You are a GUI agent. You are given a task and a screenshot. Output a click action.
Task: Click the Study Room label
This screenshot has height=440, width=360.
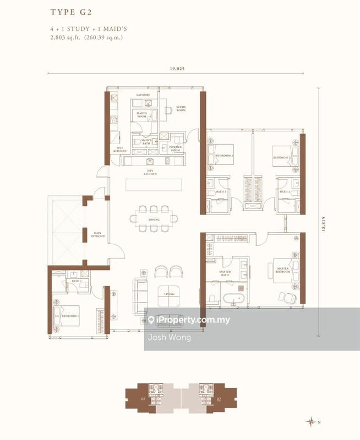point(181,109)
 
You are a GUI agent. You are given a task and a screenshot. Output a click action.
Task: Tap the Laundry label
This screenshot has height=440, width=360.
point(143,95)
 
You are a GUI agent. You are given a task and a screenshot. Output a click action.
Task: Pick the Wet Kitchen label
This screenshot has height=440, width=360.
point(120,150)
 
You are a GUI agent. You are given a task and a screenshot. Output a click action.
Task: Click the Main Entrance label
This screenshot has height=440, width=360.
point(99,237)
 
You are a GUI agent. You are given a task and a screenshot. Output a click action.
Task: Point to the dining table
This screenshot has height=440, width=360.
point(154,218)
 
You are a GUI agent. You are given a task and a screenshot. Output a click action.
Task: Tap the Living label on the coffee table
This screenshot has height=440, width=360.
point(170,294)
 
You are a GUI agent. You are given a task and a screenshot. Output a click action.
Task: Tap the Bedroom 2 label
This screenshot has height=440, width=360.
point(281,158)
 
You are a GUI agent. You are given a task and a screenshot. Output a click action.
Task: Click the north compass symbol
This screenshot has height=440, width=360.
point(313,421)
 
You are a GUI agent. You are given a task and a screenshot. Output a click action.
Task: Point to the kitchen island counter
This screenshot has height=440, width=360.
point(154,185)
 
